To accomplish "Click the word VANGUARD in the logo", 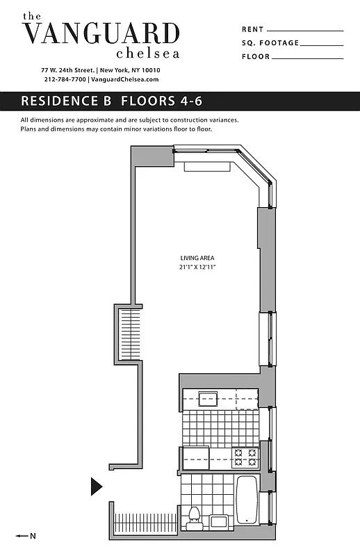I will [101, 33].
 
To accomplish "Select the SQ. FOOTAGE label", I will [270, 43].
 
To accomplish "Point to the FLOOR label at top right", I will [255, 56].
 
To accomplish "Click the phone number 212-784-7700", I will [65, 79].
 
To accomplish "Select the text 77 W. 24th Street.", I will [68, 70].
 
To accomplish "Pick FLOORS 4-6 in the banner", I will [161, 101].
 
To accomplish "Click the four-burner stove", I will [245, 457].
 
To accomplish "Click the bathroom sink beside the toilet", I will [218, 522].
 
